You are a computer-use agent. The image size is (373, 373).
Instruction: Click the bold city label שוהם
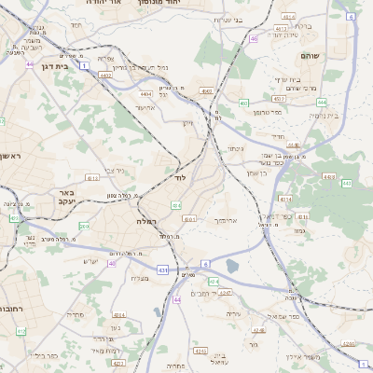(311, 56)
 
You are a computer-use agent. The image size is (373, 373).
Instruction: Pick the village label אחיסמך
(227, 221)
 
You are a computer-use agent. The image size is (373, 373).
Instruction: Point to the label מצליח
(140, 278)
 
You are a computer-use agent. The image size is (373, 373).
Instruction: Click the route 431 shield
(162, 270)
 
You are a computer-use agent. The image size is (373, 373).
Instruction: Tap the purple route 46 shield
(254, 39)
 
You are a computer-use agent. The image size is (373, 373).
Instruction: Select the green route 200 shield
(84, 226)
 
